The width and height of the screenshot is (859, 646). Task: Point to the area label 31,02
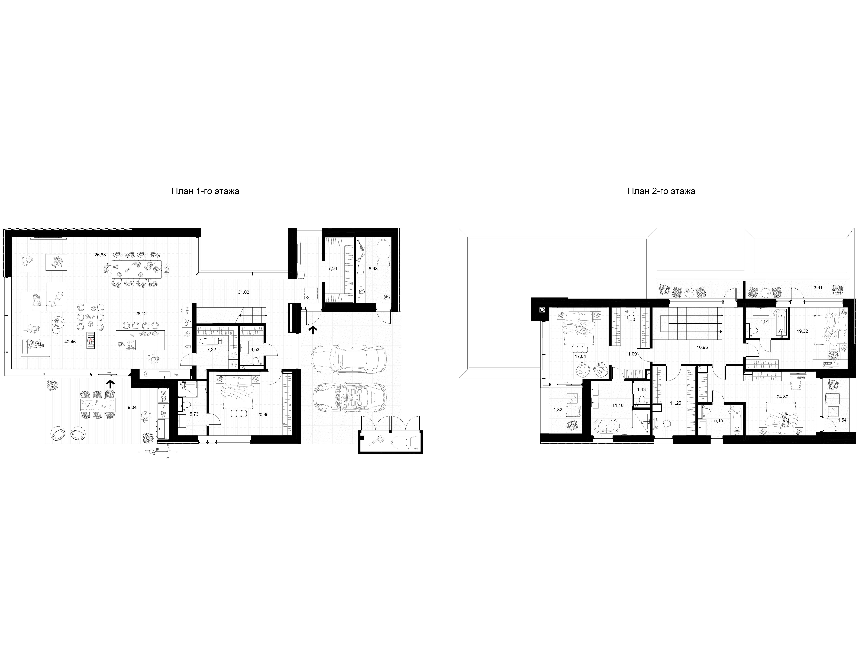(x=243, y=292)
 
